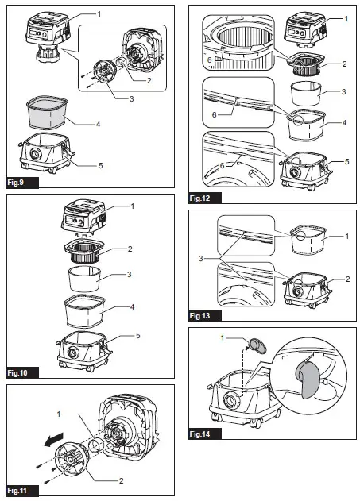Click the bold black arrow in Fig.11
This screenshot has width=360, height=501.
click(53, 440)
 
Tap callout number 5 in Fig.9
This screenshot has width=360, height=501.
click(101, 165)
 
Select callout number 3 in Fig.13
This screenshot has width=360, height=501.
click(201, 258)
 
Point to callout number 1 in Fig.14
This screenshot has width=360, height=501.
click(223, 337)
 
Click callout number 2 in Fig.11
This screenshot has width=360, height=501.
click(121, 480)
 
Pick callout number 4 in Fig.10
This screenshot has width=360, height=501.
click(132, 306)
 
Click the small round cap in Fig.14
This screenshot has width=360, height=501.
click(257, 346)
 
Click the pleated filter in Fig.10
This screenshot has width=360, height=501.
click(84, 252)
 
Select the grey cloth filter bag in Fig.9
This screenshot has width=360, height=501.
click(48, 112)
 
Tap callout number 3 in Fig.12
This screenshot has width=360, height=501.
click(343, 91)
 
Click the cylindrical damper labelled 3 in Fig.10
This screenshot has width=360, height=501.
click(84, 279)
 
